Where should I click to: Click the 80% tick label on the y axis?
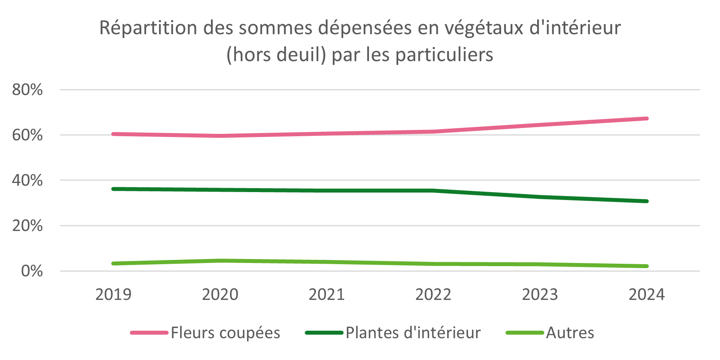(27, 90)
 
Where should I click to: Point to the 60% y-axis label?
(27, 135)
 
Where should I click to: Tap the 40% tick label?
(27, 181)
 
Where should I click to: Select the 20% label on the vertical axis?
(27, 226)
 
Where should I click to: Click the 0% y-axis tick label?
(32, 271)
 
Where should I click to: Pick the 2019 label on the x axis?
(113, 295)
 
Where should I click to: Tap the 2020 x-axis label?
(220, 295)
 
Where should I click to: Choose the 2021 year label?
(327, 295)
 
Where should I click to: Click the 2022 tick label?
(433, 295)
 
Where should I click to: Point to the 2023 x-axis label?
(540, 295)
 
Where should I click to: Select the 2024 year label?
(647, 295)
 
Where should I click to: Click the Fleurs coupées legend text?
(226, 333)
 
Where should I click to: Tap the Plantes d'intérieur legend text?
(413, 333)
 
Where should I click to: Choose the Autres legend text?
(570, 333)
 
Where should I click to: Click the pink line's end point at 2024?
(647, 118)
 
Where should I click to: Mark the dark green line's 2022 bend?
(433, 190)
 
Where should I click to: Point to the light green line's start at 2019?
(113, 263)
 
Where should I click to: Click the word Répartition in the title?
(148, 28)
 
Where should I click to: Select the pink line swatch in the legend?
(149, 333)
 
